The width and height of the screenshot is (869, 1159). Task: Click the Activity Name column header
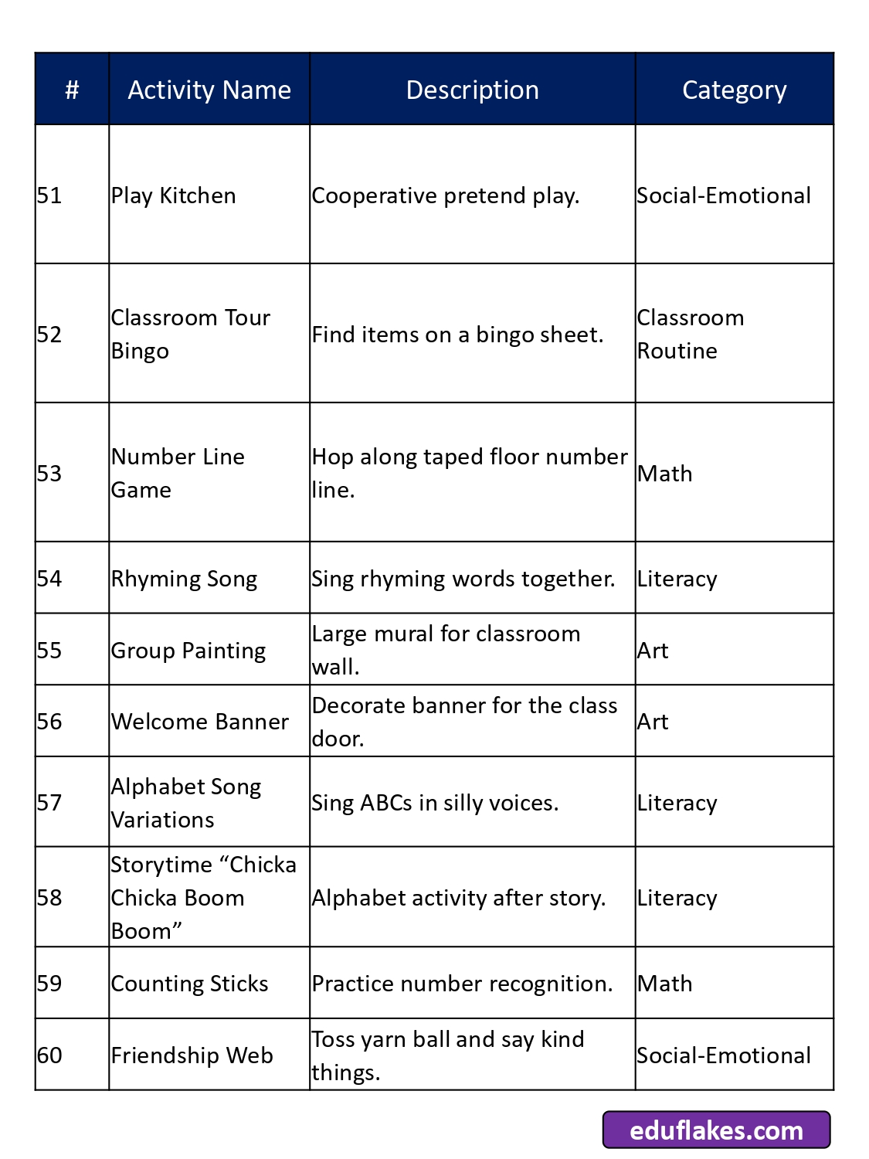click(x=209, y=90)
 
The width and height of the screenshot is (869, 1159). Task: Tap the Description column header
click(x=472, y=90)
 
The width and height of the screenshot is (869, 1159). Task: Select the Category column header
click(x=734, y=90)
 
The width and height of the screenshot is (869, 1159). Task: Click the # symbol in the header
click(x=72, y=90)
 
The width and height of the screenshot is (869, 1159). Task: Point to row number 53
click(x=49, y=473)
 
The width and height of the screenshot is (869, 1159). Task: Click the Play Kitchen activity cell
click(x=174, y=195)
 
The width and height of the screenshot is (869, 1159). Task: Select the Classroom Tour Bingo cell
click(x=190, y=334)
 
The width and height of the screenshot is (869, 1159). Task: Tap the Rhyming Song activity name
click(x=184, y=579)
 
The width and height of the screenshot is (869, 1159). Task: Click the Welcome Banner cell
click(x=199, y=722)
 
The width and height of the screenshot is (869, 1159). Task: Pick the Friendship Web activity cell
click(x=192, y=1055)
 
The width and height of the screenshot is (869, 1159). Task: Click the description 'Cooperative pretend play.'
click(x=445, y=195)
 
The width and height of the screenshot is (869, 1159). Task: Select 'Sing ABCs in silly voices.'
click(x=434, y=803)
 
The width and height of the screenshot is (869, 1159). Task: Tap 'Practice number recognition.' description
click(x=462, y=984)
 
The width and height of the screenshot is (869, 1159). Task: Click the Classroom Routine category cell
click(x=690, y=334)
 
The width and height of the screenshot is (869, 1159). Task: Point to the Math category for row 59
click(x=664, y=984)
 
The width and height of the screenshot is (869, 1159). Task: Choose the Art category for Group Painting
click(x=653, y=651)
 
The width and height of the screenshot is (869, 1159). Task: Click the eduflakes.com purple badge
click(x=716, y=1130)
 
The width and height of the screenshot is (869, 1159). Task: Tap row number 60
click(x=49, y=1055)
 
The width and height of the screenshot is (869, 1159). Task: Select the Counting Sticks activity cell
click(x=189, y=984)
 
